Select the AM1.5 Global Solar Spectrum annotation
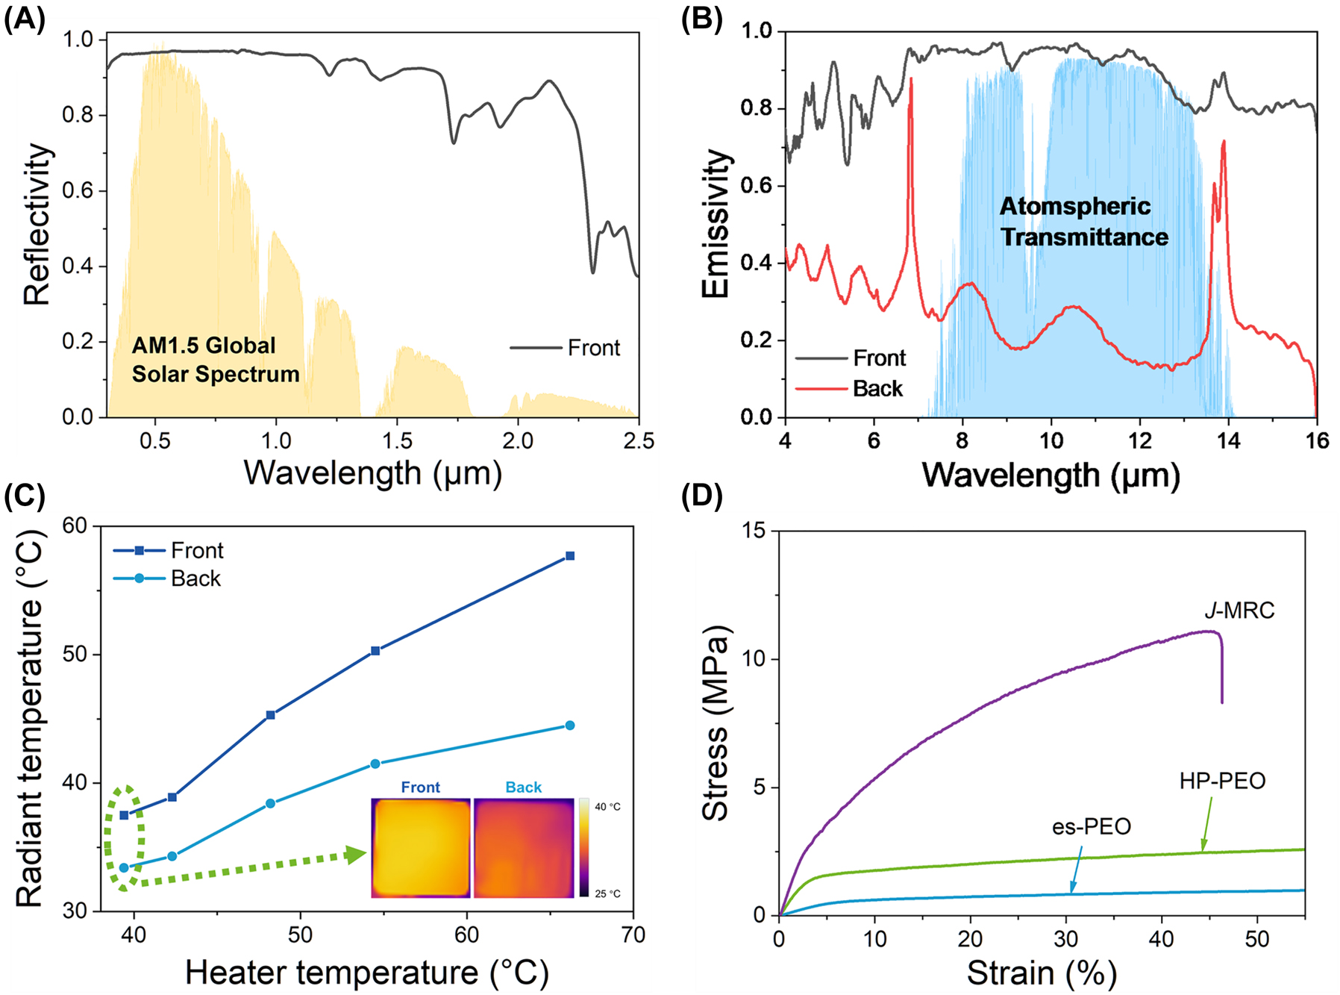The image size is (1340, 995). (215, 360)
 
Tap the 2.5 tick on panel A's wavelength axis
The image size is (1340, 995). (638, 441)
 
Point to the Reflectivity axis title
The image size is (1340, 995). (37, 224)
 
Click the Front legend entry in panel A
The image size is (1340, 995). (593, 348)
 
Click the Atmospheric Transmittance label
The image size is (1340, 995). (1083, 222)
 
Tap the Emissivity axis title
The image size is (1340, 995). (716, 224)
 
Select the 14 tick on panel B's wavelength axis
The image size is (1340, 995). (1228, 441)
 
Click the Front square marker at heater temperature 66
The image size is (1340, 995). (570, 556)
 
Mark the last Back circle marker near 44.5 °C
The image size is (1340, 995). (570, 726)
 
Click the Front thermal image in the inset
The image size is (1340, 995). (421, 848)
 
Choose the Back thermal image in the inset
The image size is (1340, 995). (524, 848)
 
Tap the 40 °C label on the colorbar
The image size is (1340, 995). (607, 807)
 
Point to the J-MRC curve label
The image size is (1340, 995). (1239, 611)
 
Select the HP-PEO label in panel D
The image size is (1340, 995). (1222, 782)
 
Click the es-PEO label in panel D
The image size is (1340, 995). (1092, 827)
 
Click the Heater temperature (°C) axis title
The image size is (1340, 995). (366, 973)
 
